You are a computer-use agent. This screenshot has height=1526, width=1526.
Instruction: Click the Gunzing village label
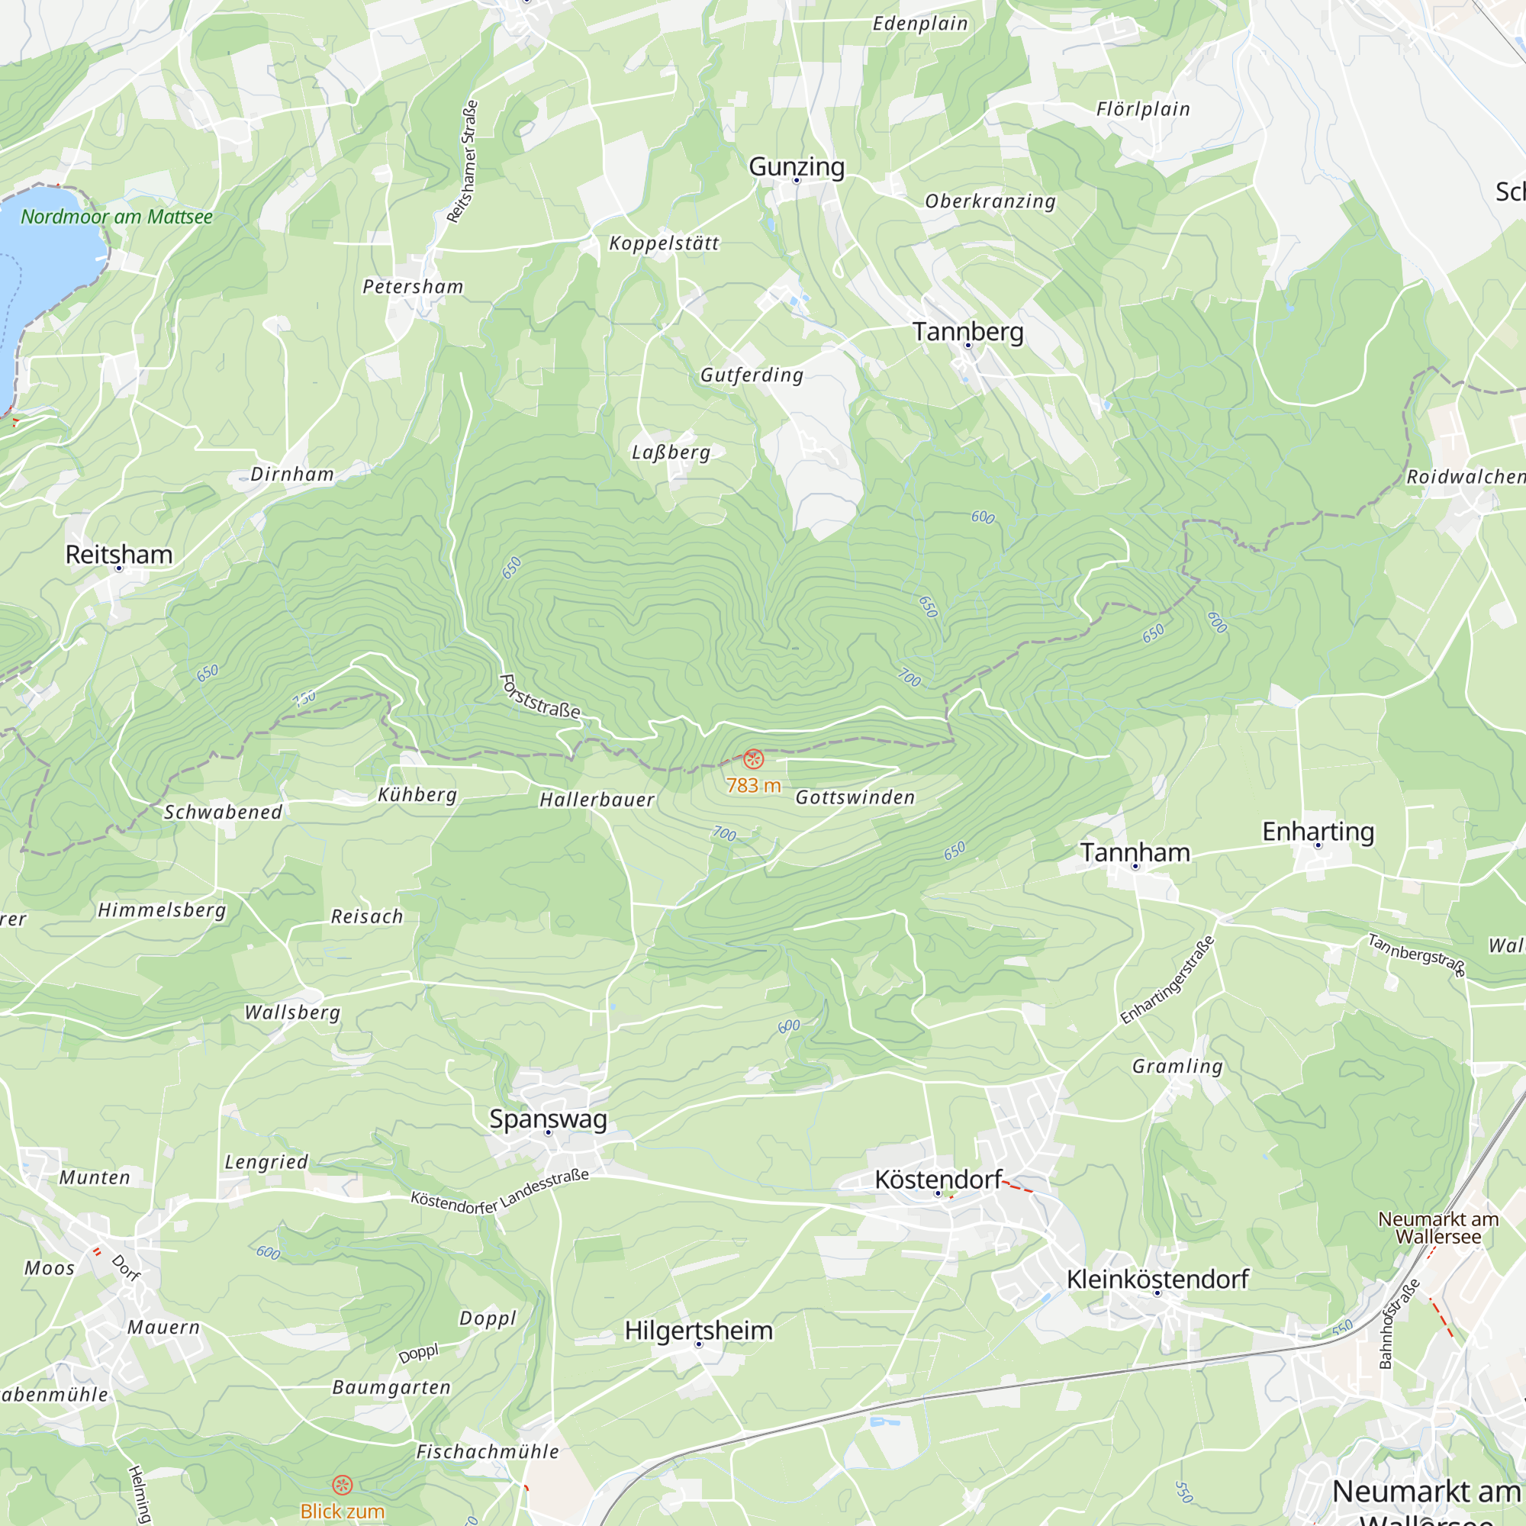(x=796, y=166)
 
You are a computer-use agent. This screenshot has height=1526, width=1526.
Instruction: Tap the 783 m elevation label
(x=753, y=785)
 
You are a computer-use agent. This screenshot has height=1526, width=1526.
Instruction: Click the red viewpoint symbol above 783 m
(x=754, y=759)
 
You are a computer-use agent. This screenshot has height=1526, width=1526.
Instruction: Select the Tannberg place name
(x=967, y=332)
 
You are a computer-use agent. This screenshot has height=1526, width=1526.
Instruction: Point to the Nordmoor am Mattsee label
(x=116, y=217)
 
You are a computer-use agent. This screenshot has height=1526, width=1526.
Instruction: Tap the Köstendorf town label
(x=938, y=1180)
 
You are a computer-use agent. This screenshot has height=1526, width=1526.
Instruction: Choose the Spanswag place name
(x=548, y=1119)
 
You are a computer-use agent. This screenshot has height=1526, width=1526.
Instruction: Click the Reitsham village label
(x=118, y=555)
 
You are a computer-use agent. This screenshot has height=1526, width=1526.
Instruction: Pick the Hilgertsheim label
(x=698, y=1330)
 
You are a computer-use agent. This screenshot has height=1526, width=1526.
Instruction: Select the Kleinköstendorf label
(x=1157, y=1280)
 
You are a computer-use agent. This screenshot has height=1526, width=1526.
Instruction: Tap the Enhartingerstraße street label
(x=1167, y=980)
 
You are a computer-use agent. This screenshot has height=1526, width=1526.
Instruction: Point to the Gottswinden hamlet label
(x=855, y=798)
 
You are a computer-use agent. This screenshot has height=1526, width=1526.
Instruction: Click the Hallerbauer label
(x=597, y=800)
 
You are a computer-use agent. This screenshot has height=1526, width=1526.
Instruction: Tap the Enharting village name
(x=1318, y=832)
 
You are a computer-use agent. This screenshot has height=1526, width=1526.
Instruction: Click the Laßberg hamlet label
(x=671, y=452)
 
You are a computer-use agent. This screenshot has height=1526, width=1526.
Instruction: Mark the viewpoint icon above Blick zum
(x=342, y=1485)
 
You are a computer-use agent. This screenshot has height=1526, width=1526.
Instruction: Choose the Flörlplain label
(x=1142, y=109)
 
